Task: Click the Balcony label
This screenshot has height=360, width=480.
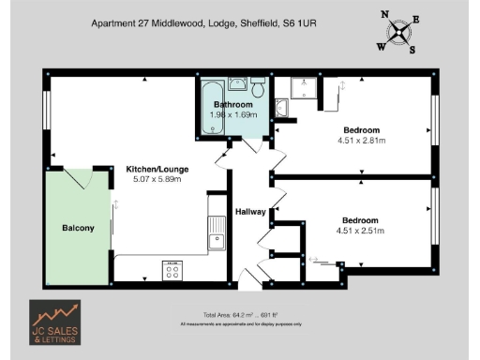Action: coord(78,228)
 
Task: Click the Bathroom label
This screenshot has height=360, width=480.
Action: coord(231,104)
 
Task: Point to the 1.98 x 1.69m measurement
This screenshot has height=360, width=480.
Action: coord(232,114)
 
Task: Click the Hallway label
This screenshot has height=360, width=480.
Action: coord(250,211)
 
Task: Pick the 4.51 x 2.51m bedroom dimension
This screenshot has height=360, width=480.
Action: coord(361,231)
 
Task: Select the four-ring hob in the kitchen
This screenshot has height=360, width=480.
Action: coord(173,270)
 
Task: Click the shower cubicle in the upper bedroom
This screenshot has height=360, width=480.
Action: coord(303,88)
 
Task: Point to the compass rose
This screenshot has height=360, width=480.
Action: coord(400,30)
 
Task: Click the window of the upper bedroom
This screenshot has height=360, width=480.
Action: coord(434,121)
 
